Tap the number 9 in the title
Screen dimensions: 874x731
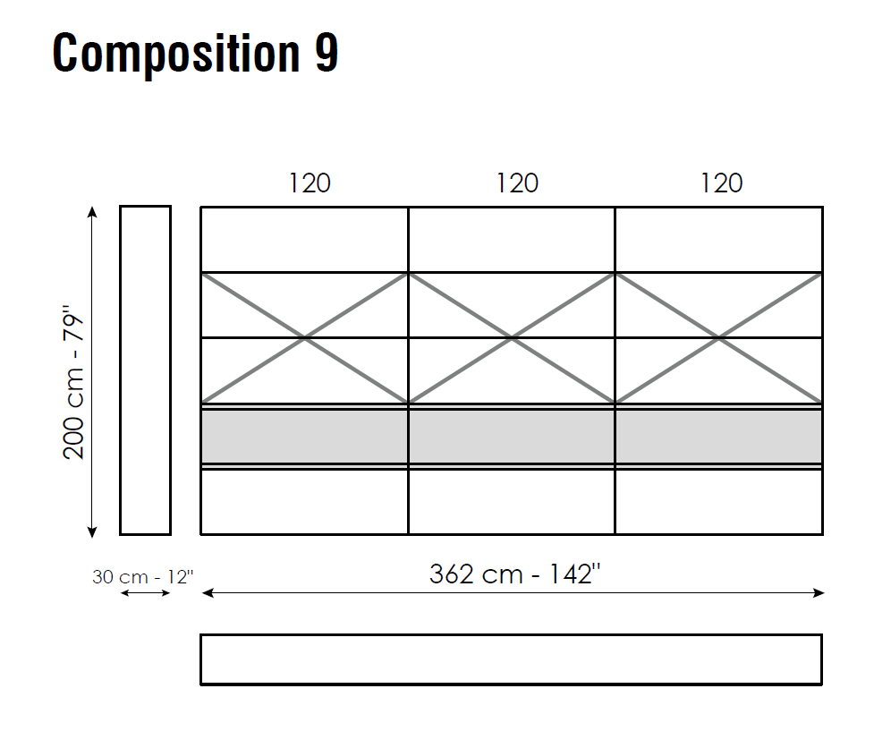click(327, 53)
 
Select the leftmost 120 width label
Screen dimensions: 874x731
click(310, 183)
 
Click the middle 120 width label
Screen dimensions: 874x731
click(517, 183)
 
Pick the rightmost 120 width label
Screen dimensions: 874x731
click(722, 183)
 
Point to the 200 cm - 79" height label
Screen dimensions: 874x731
click(73, 382)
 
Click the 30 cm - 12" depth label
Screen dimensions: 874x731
click(143, 576)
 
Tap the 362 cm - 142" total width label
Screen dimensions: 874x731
click(515, 574)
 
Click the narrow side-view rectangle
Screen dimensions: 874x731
click(120, 370)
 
